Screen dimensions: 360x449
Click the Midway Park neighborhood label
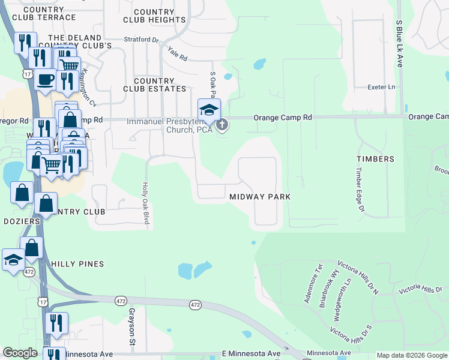pos(259,197)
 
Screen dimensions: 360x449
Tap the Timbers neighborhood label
pos(375,159)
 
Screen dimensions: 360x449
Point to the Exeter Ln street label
pos(382,87)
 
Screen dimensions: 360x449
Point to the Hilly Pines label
pos(77,264)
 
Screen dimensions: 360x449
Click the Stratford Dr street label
pos(140,40)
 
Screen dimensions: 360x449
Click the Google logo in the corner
pos(20,353)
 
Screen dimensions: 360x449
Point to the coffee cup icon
pos(45,79)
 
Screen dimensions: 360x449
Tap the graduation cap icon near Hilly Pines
pos(13,260)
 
